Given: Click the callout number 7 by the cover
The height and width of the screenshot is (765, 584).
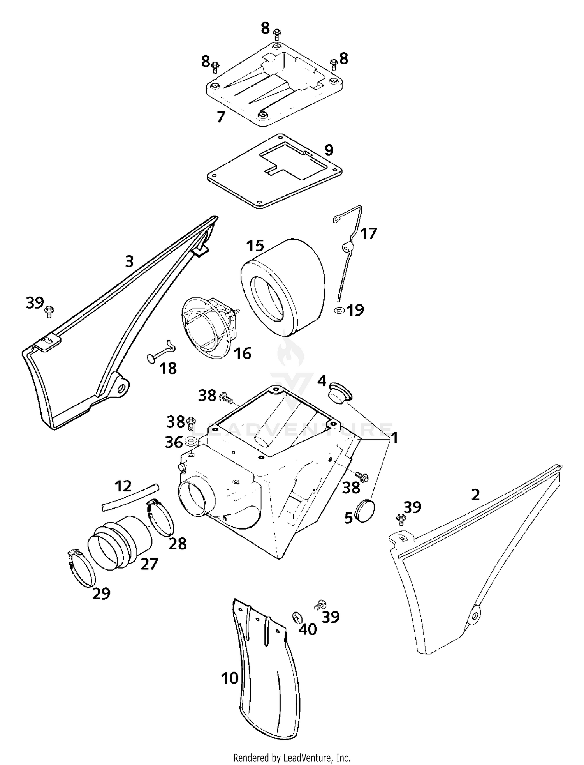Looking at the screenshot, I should click(221, 117).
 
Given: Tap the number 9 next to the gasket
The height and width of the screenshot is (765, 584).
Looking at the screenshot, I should click(329, 150).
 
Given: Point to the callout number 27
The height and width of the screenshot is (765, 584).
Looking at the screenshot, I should click(149, 564).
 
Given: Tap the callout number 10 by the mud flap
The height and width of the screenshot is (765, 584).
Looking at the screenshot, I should click(230, 678).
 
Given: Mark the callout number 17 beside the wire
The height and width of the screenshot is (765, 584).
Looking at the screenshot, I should click(368, 233).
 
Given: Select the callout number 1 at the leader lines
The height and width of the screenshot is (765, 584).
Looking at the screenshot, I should click(394, 438).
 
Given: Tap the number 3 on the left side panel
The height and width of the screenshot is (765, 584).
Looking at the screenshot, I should click(130, 261).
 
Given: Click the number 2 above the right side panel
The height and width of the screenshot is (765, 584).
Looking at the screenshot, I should click(475, 495).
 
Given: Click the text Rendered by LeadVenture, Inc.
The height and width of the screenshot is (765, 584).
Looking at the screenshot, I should click(292, 758).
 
